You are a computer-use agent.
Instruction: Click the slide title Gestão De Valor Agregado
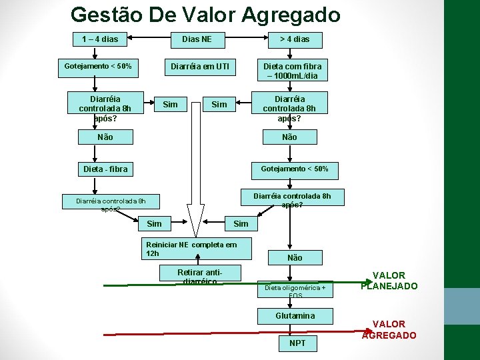(x=205, y=15)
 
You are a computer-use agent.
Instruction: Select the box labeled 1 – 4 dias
(x=100, y=39)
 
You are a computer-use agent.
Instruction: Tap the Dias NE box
(x=197, y=39)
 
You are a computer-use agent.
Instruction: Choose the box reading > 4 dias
(x=294, y=39)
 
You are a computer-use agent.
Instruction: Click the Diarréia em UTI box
(x=200, y=67)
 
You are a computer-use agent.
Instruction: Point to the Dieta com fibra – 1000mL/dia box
(x=292, y=71)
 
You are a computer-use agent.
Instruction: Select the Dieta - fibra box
(x=105, y=169)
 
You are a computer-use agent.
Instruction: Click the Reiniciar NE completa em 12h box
(x=199, y=249)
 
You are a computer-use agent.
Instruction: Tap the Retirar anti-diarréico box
(x=199, y=276)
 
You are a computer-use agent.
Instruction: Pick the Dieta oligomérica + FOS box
(x=295, y=289)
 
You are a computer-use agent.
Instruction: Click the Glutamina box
(x=295, y=316)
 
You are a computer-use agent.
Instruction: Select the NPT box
(x=297, y=343)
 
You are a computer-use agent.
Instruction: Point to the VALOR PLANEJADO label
(x=389, y=281)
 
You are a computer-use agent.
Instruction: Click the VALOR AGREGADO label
(x=389, y=330)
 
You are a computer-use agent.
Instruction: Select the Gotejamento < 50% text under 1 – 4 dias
(x=98, y=67)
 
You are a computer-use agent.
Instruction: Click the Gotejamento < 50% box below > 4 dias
(x=289, y=169)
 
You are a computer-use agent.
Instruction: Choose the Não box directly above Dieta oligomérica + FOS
(x=295, y=257)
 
